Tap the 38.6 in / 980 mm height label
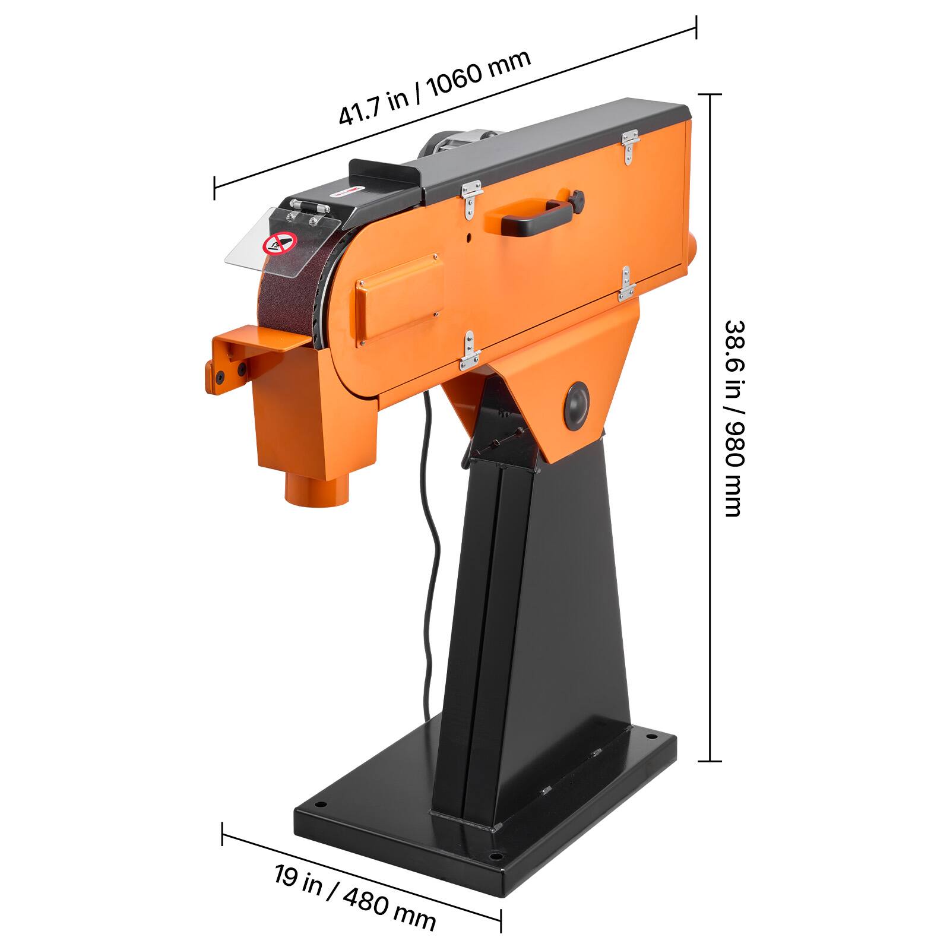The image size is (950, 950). (734, 419)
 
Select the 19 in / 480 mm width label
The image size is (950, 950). (354, 897)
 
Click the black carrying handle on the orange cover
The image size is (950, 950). (537, 216)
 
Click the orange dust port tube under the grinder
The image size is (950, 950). (316, 489)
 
